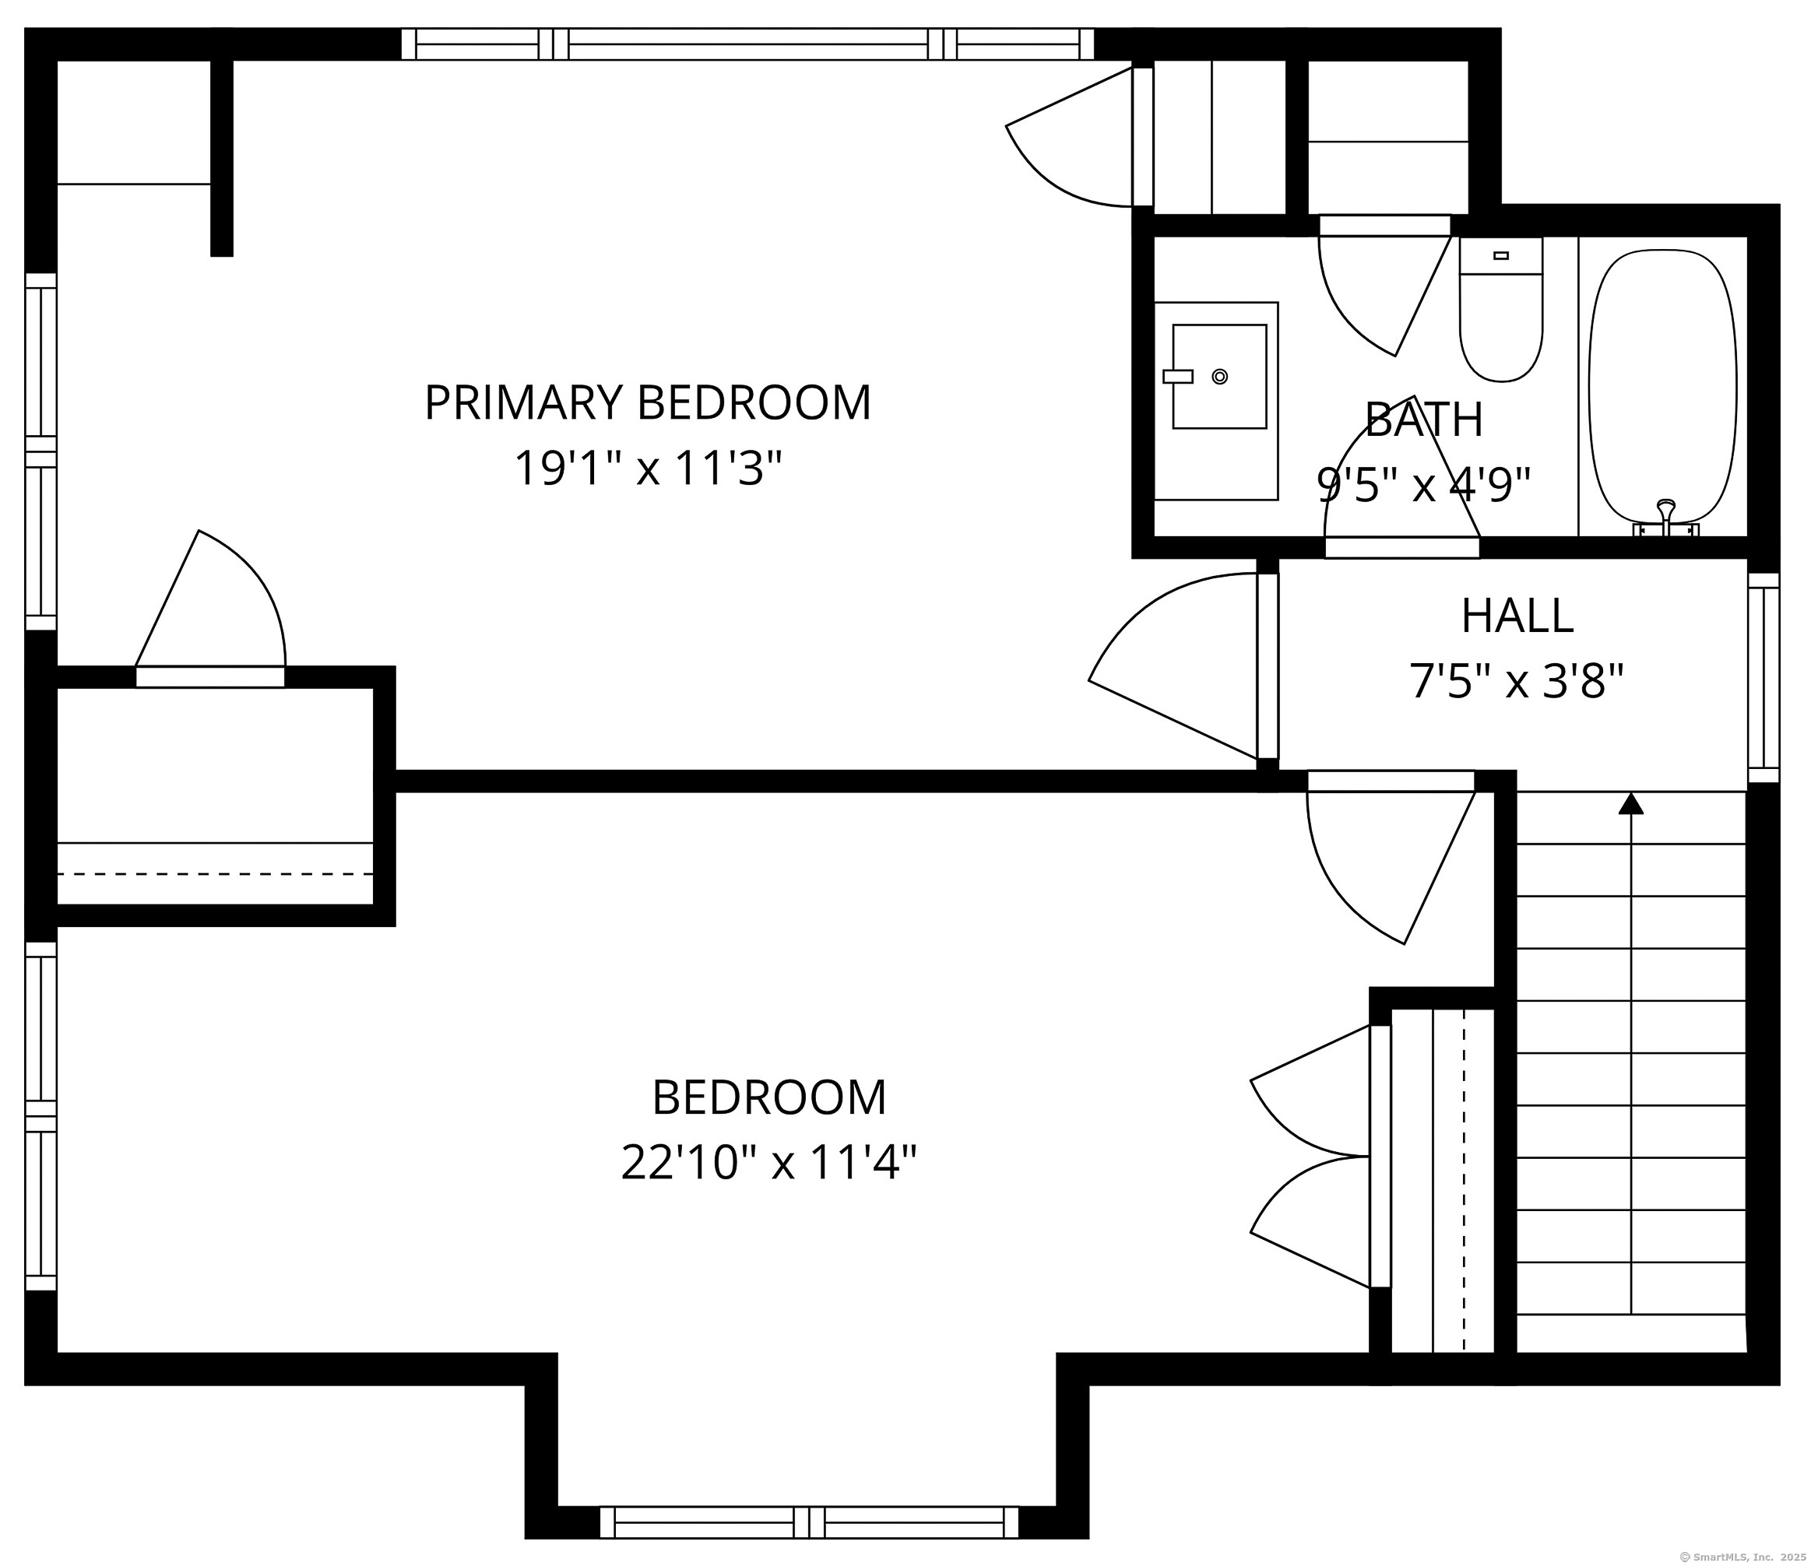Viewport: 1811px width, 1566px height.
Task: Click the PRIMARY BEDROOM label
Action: click(648, 403)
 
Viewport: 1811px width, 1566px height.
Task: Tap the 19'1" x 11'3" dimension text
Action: click(647, 469)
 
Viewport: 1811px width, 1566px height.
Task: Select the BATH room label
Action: click(1424, 420)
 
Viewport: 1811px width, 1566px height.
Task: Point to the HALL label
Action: click(1517, 616)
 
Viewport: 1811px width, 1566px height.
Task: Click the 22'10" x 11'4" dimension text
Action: click(769, 1163)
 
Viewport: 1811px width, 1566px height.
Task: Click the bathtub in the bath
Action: click(1663, 393)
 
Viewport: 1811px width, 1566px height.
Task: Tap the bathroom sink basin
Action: click(1219, 377)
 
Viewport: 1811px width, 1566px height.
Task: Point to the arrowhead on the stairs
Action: click(1631, 803)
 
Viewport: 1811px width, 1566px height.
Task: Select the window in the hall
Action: click(1764, 677)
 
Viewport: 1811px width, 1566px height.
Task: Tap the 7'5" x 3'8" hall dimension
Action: click(1517, 682)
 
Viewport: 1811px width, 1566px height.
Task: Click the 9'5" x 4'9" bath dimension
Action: click(1424, 485)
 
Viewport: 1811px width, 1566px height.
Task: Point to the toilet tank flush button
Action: click(1500, 255)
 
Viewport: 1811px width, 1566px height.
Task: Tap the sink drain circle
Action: click(1220, 377)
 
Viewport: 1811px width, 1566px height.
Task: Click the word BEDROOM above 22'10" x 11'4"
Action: click(769, 1097)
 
